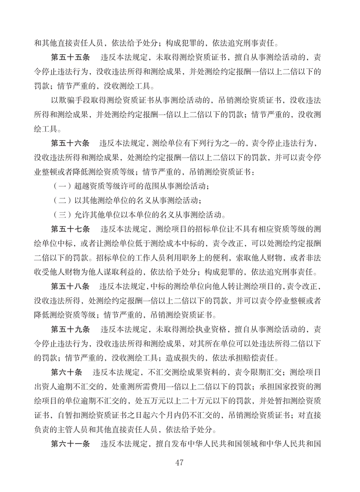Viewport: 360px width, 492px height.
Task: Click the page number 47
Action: click(x=180, y=462)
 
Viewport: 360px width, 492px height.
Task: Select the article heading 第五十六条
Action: click(x=71, y=144)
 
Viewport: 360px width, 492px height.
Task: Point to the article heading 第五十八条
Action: click(x=71, y=285)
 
